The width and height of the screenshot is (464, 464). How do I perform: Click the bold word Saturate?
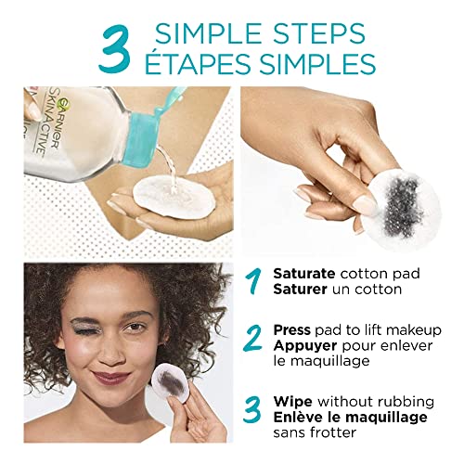point(304,274)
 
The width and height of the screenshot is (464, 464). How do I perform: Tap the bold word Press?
point(293,329)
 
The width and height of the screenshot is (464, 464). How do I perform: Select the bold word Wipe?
point(292,401)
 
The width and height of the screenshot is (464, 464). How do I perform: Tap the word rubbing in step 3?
point(404,401)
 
